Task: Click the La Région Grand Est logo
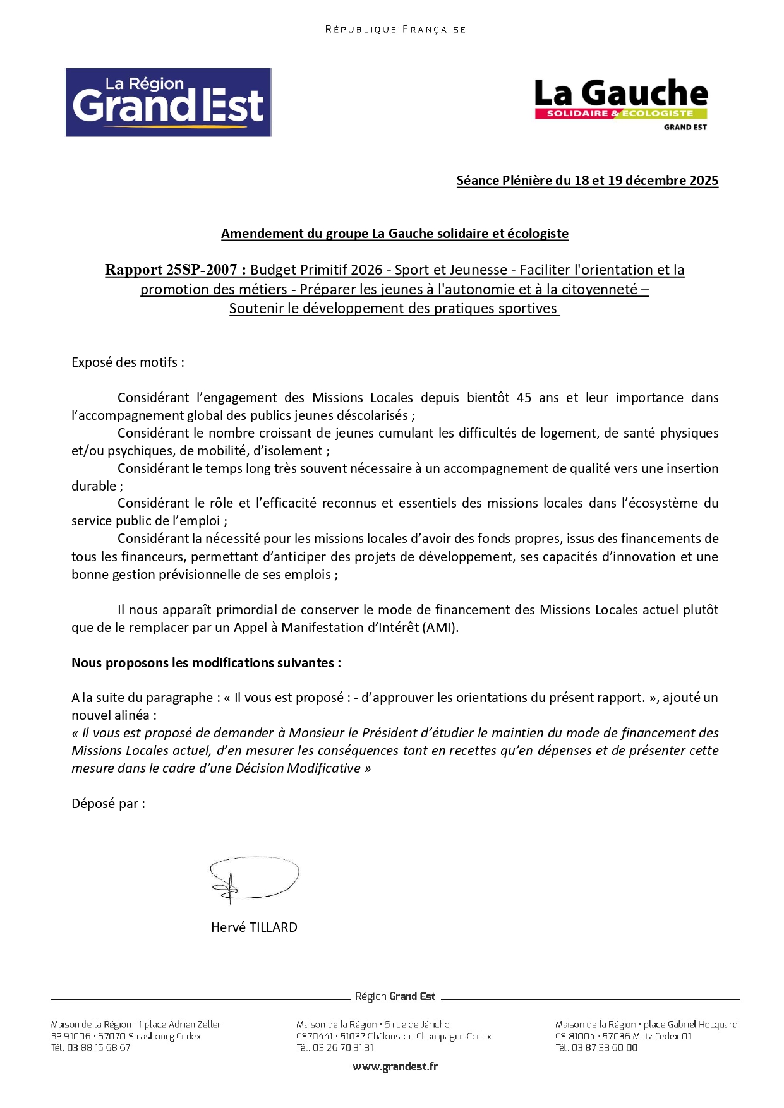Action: [x=168, y=102]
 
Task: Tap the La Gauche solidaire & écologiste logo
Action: [x=621, y=104]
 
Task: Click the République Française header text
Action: [x=395, y=29]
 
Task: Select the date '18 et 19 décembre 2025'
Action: [x=646, y=181]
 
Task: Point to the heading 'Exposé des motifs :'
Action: [x=128, y=362]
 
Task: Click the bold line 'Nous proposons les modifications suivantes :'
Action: [x=206, y=663]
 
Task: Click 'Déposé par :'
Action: [x=108, y=804]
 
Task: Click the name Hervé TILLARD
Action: [x=254, y=927]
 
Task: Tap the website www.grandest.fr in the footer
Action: [x=395, y=1066]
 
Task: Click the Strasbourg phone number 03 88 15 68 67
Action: [x=99, y=1047]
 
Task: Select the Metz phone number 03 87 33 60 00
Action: [x=604, y=1047]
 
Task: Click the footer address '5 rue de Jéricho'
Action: [x=417, y=1025]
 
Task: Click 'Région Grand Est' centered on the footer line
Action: [x=395, y=996]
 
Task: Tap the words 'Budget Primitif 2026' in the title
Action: [x=316, y=270]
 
